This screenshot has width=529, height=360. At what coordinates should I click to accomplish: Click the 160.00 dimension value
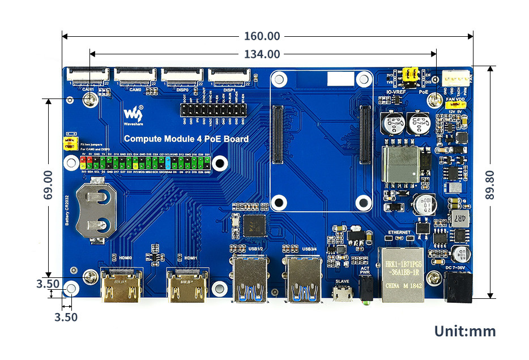click(262, 36)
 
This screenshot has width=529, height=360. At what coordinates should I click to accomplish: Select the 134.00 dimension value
click(262, 54)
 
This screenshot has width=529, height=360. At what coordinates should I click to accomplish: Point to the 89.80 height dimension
click(490, 185)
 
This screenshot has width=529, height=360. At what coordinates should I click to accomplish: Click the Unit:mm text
click(464, 331)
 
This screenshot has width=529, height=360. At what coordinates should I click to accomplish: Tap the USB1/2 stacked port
click(249, 278)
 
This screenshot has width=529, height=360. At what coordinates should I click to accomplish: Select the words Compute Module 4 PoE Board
click(186, 139)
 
